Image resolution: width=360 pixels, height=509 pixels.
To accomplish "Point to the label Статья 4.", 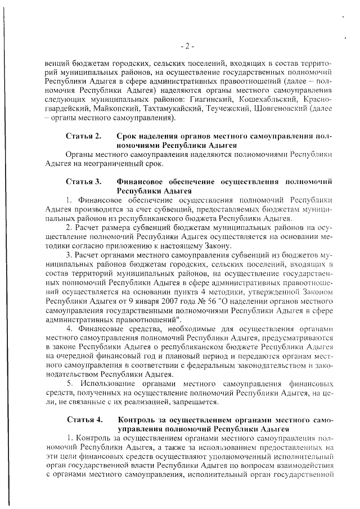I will (84, 420).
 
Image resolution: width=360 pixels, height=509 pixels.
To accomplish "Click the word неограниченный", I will (118, 164).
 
